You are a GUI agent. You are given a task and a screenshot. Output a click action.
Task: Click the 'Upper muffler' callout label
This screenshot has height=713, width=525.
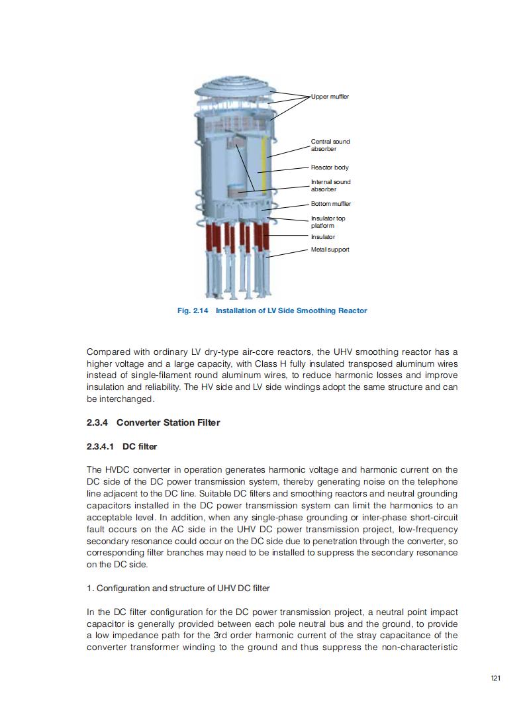(x=330, y=97)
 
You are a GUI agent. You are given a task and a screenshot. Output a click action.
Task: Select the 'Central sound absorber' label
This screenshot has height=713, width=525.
(x=330, y=145)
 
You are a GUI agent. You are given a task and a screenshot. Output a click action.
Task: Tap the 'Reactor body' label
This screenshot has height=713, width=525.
(x=330, y=167)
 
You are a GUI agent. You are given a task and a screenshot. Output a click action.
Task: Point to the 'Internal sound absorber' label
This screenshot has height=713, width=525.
(x=330, y=185)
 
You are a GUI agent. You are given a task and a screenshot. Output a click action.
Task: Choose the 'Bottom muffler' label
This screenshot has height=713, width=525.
(x=331, y=204)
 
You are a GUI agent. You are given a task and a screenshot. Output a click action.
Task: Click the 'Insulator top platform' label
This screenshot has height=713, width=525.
(x=328, y=222)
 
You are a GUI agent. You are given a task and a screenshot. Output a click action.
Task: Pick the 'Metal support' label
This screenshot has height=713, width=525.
(x=330, y=250)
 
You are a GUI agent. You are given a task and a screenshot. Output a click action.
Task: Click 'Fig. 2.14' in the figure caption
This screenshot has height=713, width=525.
(x=193, y=310)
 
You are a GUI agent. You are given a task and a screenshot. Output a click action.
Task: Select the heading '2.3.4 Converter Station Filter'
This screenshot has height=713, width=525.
(x=153, y=422)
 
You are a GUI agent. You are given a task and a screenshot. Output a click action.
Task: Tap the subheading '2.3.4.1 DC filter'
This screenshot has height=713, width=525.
(x=121, y=446)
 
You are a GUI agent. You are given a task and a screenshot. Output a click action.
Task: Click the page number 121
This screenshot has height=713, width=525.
(x=495, y=678)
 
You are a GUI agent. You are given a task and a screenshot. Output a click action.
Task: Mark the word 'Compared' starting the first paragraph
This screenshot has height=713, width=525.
(x=109, y=352)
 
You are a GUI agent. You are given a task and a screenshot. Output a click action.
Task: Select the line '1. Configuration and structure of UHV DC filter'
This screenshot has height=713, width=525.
(x=178, y=588)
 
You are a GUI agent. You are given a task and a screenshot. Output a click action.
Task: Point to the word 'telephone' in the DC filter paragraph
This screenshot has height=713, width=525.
(x=436, y=482)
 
